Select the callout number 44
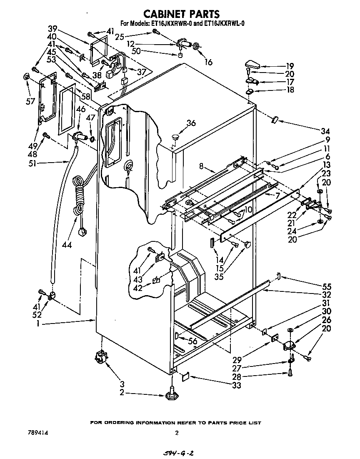[66, 244]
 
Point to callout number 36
[191, 123]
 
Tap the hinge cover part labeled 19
[252, 64]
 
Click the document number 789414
[37, 433]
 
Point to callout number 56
[192, 341]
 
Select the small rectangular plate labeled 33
[185, 376]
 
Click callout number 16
[208, 62]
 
